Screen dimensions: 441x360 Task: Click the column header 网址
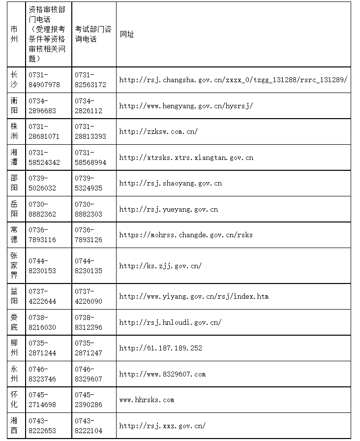[x=127, y=34]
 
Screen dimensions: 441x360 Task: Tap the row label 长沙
[x=14, y=79]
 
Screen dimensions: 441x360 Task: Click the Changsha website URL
[x=233, y=80]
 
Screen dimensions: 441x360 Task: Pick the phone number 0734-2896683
[x=42, y=106]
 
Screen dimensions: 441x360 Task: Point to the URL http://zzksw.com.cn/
[x=158, y=131]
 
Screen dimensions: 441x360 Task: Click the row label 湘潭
[x=14, y=157]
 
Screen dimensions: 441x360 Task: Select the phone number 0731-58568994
[x=90, y=157]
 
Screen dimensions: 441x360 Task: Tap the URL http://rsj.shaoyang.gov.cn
[x=170, y=184]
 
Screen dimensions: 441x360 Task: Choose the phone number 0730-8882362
[x=42, y=209]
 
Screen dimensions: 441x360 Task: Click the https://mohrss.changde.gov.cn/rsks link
[x=186, y=235]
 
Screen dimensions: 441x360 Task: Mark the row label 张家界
[x=14, y=265]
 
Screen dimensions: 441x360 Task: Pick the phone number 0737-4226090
[x=89, y=296]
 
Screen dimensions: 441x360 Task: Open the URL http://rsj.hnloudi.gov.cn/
[x=170, y=322]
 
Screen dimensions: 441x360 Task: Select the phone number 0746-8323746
[x=42, y=374]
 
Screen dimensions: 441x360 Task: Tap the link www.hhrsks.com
[x=147, y=400]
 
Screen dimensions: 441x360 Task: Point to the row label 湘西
[x=14, y=425]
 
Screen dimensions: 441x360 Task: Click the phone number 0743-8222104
[x=89, y=425]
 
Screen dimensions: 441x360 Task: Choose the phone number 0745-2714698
[x=42, y=400]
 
